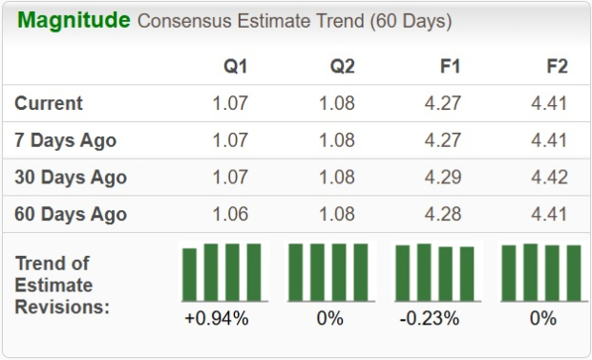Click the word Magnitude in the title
[74, 21]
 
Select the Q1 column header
[235, 67]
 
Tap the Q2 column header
[342, 67]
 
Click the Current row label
[49, 103]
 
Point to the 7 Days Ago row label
[66, 140]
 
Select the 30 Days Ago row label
[71, 178]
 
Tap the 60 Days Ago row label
[71, 214]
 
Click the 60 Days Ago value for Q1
[228, 214]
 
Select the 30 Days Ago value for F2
[549, 178]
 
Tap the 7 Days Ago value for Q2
[336, 140]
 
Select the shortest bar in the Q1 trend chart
[190, 275]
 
